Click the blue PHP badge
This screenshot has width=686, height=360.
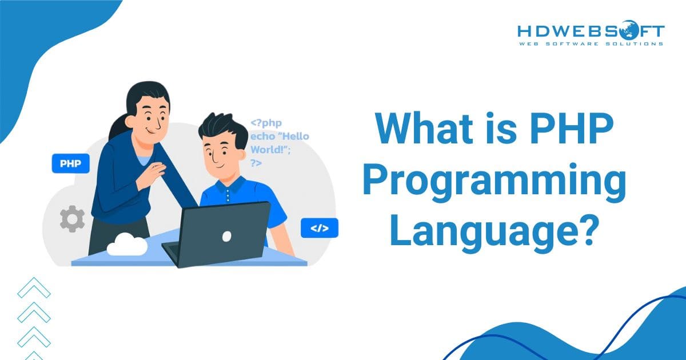coord(71,163)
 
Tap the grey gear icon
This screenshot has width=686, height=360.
coord(72,219)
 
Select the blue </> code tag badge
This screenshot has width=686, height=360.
coord(319,228)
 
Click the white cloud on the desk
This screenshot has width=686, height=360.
coord(126,244)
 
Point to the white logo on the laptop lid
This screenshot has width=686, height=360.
coord(226,235)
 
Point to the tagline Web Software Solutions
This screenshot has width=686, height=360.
coord(591,43)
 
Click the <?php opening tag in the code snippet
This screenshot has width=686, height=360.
coord(266,123)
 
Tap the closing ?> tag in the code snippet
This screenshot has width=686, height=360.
coord(256,163)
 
